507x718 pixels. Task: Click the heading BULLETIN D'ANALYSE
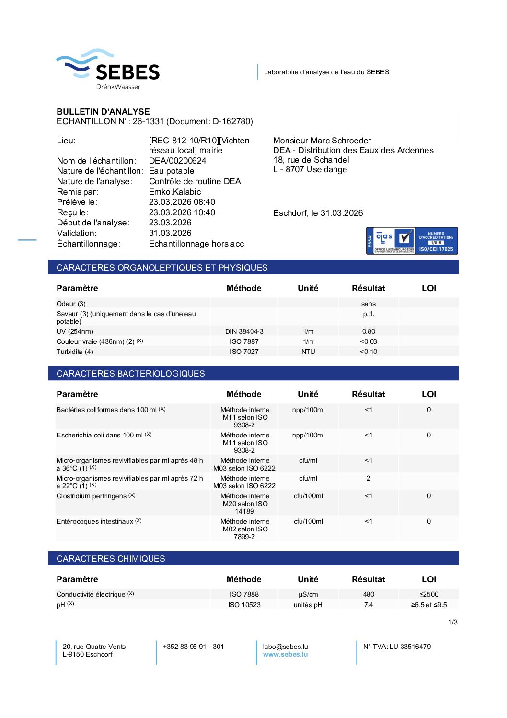coord(103,111)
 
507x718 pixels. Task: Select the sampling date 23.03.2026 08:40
coord(182,202)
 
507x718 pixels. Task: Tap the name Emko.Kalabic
coord(175,192)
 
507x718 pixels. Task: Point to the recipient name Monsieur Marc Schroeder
coord(322,141)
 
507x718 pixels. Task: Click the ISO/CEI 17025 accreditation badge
coord(412,241)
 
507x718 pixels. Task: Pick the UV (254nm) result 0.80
coord(369,331)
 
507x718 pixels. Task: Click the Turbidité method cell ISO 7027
coord(244,352)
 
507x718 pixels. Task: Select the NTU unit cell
coord(308,352)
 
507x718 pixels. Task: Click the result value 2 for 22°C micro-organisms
coord(369,478)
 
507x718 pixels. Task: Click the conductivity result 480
coord(369,594)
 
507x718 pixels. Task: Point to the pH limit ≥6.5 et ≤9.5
coord(428,605)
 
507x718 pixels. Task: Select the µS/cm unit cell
coord(308,594)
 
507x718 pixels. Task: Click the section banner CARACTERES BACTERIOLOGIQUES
coord(131,374)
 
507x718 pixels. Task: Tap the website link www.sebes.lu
coord(285,654)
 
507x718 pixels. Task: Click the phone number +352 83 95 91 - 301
coord(193,647)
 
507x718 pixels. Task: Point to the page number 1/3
coord(453,622)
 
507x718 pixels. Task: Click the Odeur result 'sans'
coord(369,304)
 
